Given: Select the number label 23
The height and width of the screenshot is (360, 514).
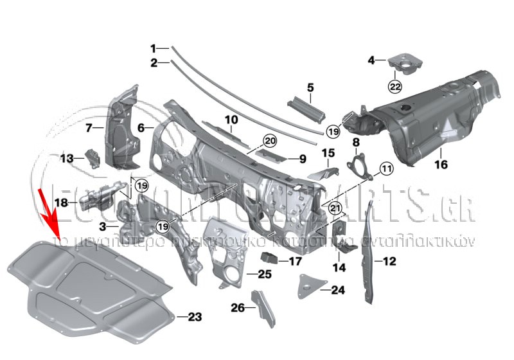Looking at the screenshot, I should point(195,316).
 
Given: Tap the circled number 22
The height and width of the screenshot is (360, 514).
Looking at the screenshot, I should point(394,86).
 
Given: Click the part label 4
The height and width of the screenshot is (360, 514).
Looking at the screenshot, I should point(371,60).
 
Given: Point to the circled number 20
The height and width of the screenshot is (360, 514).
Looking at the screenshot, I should point(269,140).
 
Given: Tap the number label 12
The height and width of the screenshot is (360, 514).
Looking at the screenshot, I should point(390,261).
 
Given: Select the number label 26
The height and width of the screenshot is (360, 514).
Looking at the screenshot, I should point(238,308).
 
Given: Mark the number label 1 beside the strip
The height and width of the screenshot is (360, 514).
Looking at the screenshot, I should point(154,48).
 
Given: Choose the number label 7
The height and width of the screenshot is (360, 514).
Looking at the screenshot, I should point(89,128).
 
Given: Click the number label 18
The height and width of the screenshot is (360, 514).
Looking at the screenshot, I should point(60,203).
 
